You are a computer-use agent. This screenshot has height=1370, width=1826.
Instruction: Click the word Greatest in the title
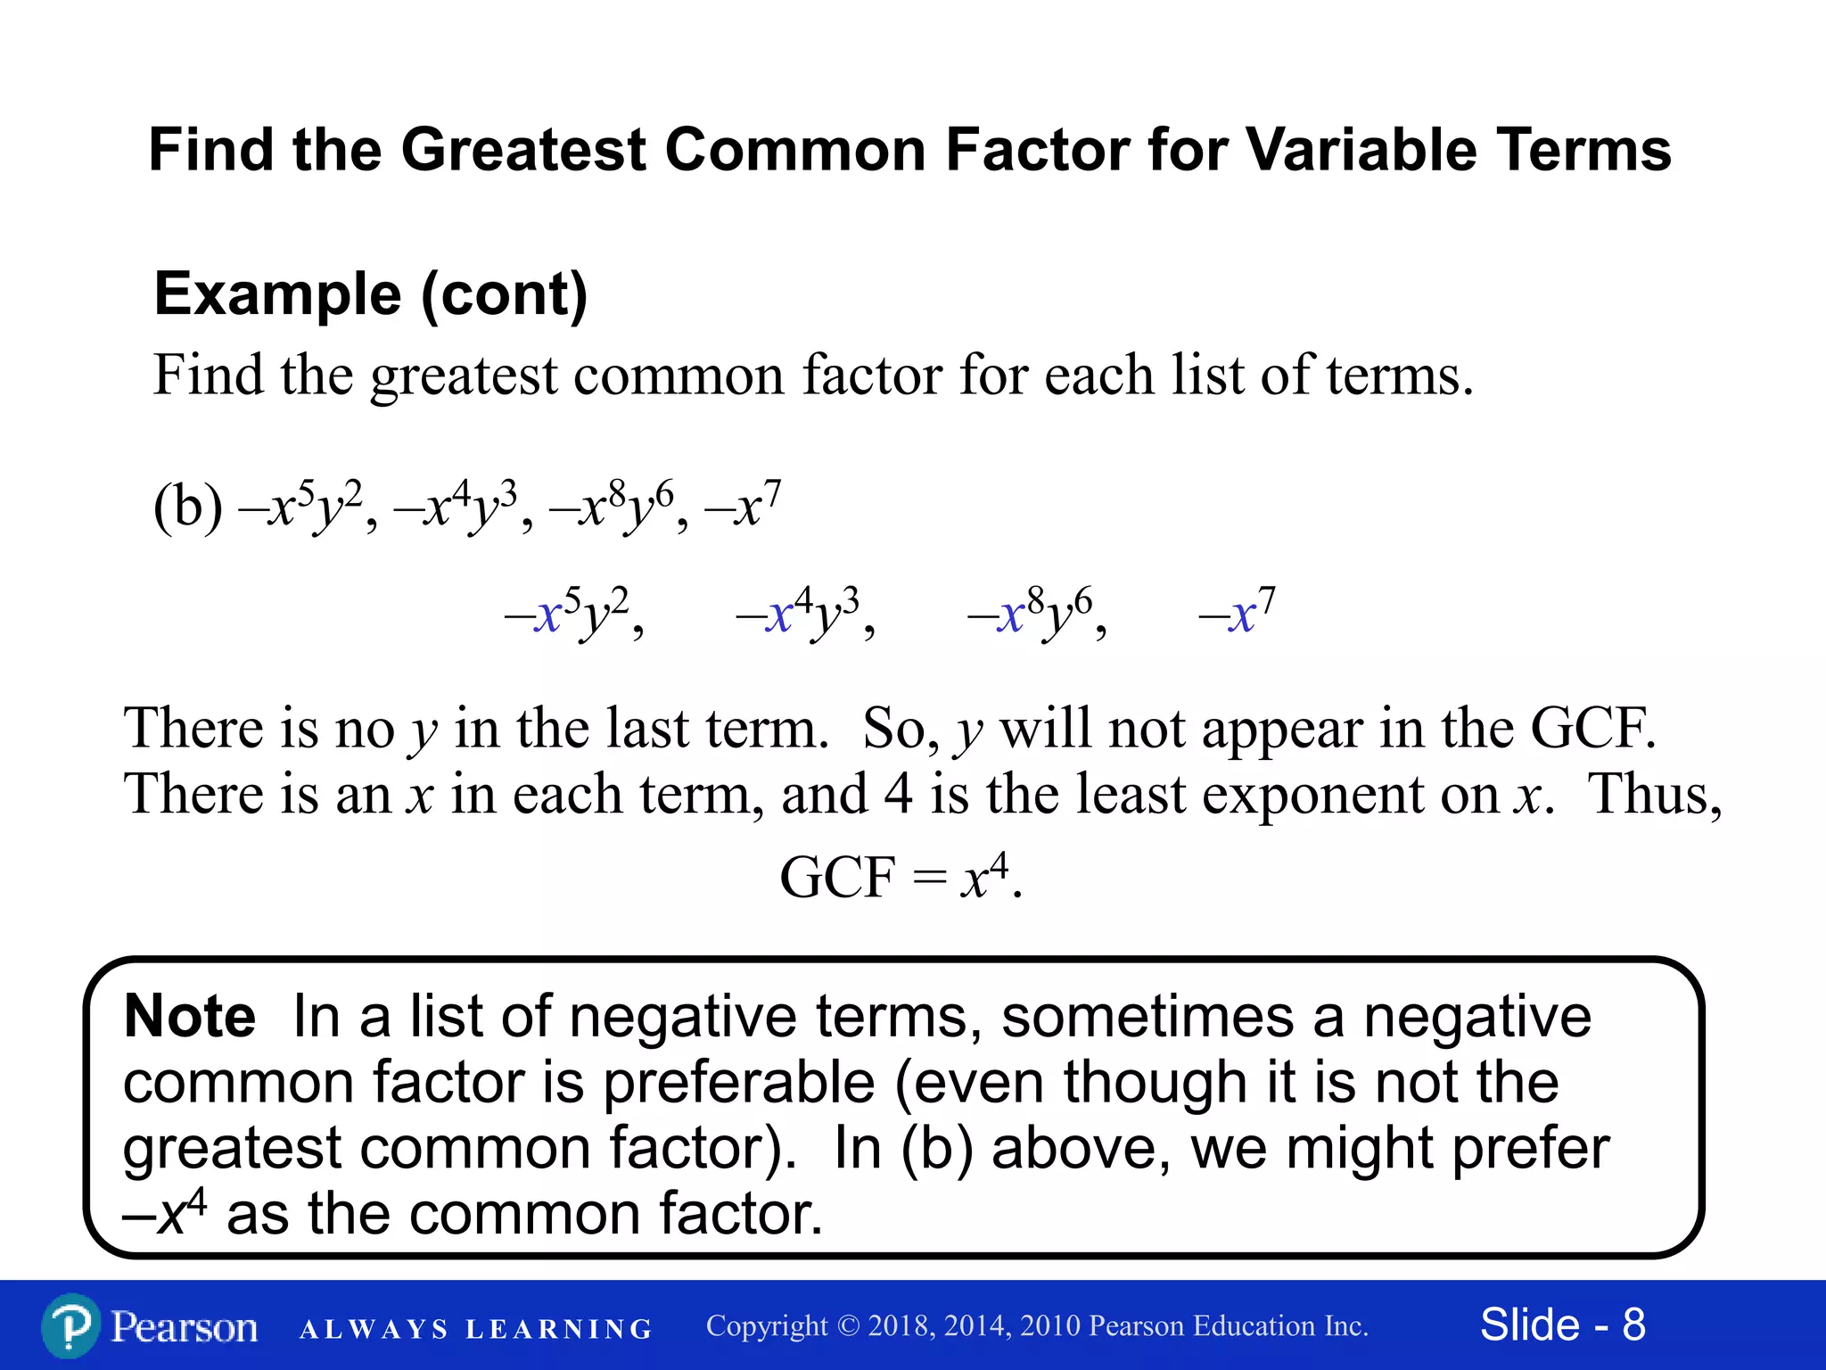click(x=523, y=150)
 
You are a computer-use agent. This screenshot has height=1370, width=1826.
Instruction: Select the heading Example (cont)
click(x=370, y=294)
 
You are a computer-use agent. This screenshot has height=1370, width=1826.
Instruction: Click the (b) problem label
click(x=188, y=508)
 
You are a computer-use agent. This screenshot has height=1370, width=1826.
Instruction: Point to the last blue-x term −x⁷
click(x=1238, y=613)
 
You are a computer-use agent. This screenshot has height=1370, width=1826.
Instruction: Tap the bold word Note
click(x=190, y=1017)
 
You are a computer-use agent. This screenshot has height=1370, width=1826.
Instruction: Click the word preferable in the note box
click(x=738, y=1083)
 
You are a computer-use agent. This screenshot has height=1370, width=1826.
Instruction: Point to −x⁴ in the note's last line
click(x=166, y=1213)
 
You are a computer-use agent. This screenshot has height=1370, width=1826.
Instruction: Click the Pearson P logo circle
click(x=70, y=1326)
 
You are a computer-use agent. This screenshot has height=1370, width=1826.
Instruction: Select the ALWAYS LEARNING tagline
click(x=476, y=1329)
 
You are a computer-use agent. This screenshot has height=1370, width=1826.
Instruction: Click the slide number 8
click(x=1633, y=1325)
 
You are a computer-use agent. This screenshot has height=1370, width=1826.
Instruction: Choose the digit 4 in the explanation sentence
click(x=898, y=795)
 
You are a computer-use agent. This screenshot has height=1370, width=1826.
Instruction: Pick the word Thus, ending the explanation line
click(x=1655, y=795)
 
